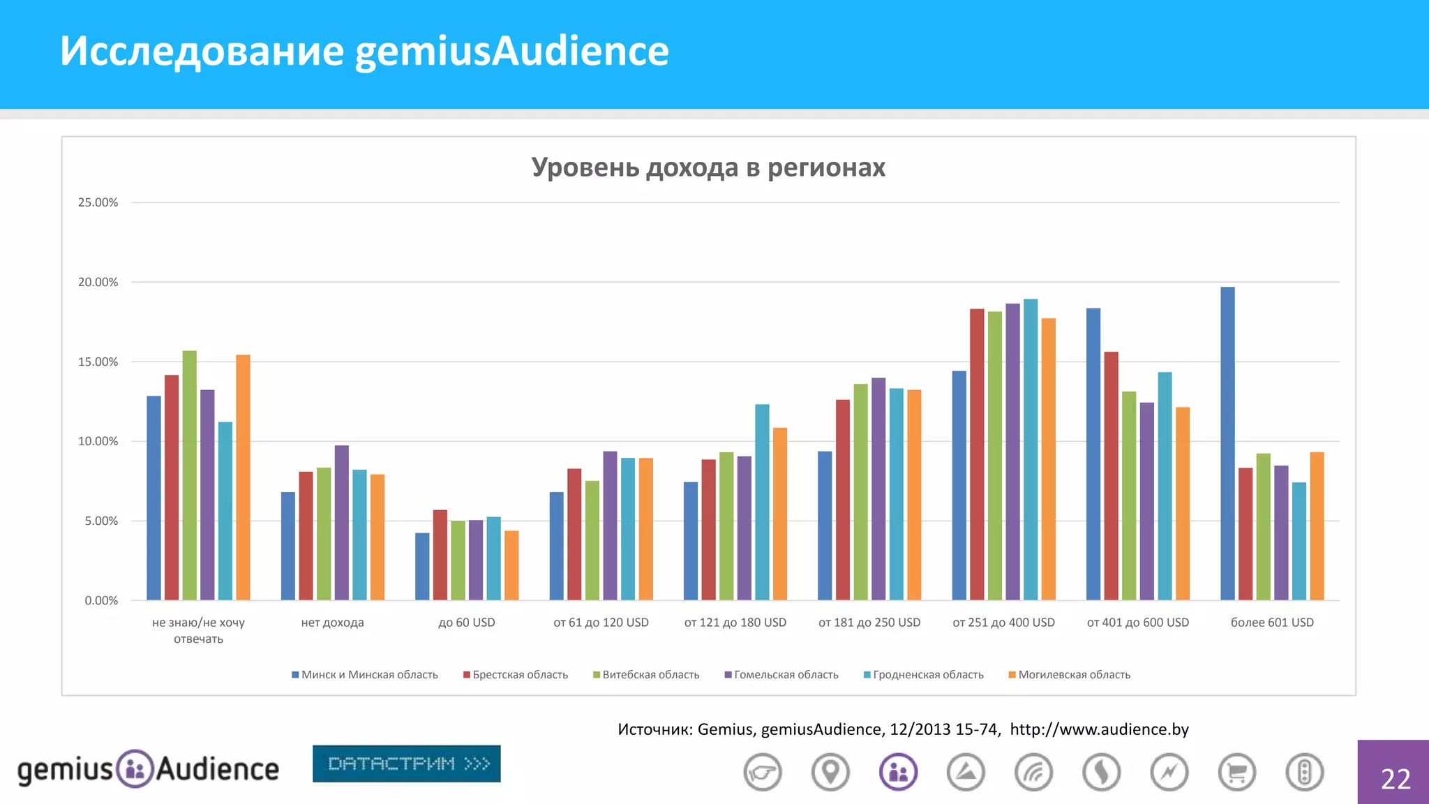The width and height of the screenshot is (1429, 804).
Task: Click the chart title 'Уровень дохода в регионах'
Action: click(x=708, y=167)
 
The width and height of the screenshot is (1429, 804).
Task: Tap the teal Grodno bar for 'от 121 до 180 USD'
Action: click(x=762, y=502)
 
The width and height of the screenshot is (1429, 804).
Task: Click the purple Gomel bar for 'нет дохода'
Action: click(x=341, y=523)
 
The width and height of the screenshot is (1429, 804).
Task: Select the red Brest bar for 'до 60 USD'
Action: click(x=440, y=555)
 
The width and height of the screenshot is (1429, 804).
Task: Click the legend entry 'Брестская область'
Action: click(x=520, y=675)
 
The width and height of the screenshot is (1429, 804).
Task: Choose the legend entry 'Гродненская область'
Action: click(x=928, y=675)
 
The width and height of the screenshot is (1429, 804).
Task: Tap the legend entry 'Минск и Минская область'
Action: click(x=369, y=675)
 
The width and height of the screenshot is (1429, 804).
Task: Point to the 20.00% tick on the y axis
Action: click(x=98, y=282)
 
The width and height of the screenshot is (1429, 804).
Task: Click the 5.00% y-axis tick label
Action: click(x=101, y=521)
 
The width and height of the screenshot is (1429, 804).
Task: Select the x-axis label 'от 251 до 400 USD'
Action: click(x=1003, y=623)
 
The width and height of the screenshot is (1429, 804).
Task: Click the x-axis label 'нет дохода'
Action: click(x=332, y=623)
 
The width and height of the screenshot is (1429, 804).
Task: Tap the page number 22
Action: click(x=1396, y=778)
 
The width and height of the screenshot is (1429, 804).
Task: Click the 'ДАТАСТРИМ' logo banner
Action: click(x=407, y=764)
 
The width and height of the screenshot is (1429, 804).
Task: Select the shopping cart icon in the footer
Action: click(x=1236, y=773)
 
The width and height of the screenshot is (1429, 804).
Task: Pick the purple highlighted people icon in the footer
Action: click(x=898, y=773)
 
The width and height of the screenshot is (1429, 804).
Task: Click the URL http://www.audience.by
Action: click(x=1099, y=729)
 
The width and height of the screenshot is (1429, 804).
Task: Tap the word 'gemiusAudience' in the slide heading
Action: click(x=511, y=51)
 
